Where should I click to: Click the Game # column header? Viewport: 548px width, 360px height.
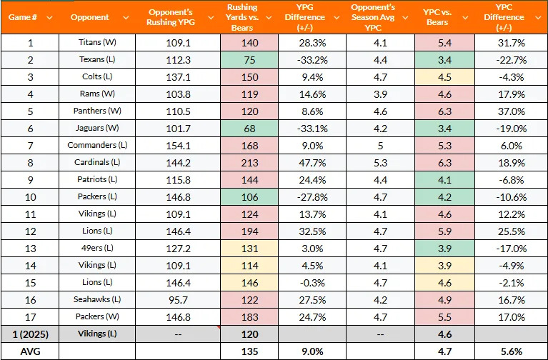30,16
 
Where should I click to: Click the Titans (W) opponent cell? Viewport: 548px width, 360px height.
90,42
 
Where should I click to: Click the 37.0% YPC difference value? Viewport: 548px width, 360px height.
509,111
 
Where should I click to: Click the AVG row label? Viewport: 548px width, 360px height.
30,351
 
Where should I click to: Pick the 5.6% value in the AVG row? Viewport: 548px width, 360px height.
509,351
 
